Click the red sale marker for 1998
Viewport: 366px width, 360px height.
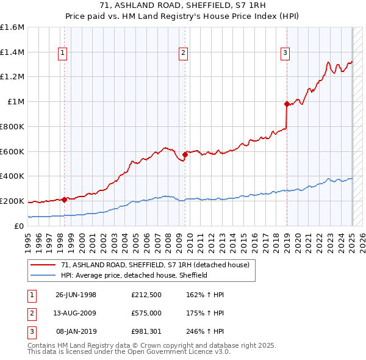point(64,199)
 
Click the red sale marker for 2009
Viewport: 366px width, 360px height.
point(185,154)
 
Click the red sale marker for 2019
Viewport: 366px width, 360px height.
point(287,104)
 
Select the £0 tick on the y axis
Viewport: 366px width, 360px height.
point(20,226)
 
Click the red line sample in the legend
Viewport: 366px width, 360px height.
point(43,265)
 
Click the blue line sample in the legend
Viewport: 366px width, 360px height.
point(43,275)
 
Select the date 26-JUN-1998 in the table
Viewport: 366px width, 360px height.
point(76,295)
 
